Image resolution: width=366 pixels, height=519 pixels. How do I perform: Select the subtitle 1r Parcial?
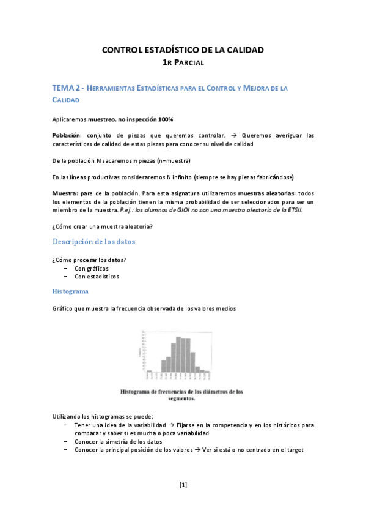point(183,62)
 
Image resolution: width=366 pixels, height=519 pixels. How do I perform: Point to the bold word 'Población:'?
point(67,135)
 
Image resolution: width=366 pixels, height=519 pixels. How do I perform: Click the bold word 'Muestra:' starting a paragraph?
point(65,192)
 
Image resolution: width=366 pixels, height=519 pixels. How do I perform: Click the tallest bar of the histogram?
point(178,354)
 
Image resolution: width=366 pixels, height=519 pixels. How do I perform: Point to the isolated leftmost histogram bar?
point(148,370)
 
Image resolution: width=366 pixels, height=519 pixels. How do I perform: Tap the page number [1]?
point(183,485)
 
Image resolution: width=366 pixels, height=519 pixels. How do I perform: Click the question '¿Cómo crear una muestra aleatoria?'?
point(102,226)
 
